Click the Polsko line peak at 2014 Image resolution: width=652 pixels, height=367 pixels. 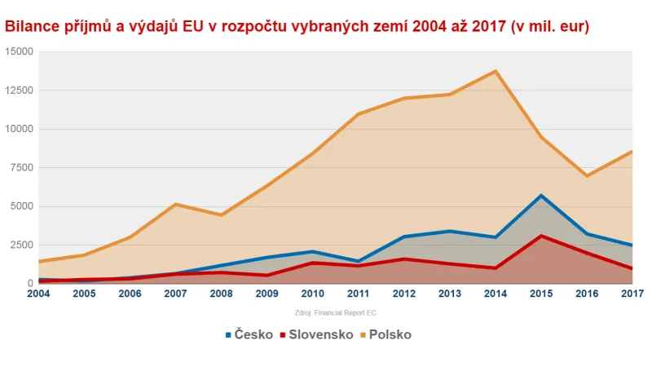point(496,71)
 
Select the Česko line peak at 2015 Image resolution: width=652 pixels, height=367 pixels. point(541,196)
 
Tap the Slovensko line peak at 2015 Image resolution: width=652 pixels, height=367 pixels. point(541,236)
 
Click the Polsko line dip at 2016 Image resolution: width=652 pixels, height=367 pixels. point(587,175)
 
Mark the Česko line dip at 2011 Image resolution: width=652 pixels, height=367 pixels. point(359,261)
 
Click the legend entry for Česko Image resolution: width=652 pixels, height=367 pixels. point(249,334)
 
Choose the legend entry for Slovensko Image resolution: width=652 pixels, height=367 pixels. point(316,334)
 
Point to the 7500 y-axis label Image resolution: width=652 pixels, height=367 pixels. point(20,167)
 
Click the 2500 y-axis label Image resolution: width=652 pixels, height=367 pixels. point(20,245)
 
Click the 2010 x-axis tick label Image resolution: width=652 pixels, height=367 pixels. point(313,293)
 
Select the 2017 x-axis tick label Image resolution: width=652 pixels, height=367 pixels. point(632,293)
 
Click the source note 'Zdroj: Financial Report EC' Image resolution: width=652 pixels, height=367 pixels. point(335,312)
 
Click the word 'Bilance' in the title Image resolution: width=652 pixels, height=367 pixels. point(34,26)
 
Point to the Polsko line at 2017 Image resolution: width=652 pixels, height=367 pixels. point(632,152)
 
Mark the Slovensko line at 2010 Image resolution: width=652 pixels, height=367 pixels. point(313,263)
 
